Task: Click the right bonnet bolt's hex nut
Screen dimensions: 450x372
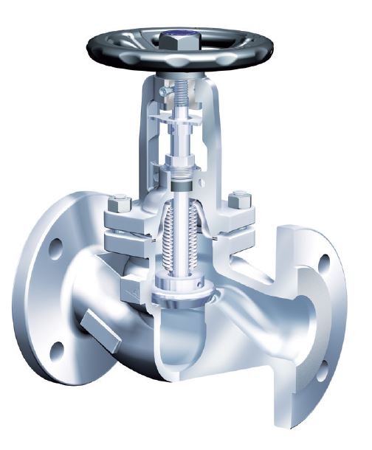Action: pos(238,200)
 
